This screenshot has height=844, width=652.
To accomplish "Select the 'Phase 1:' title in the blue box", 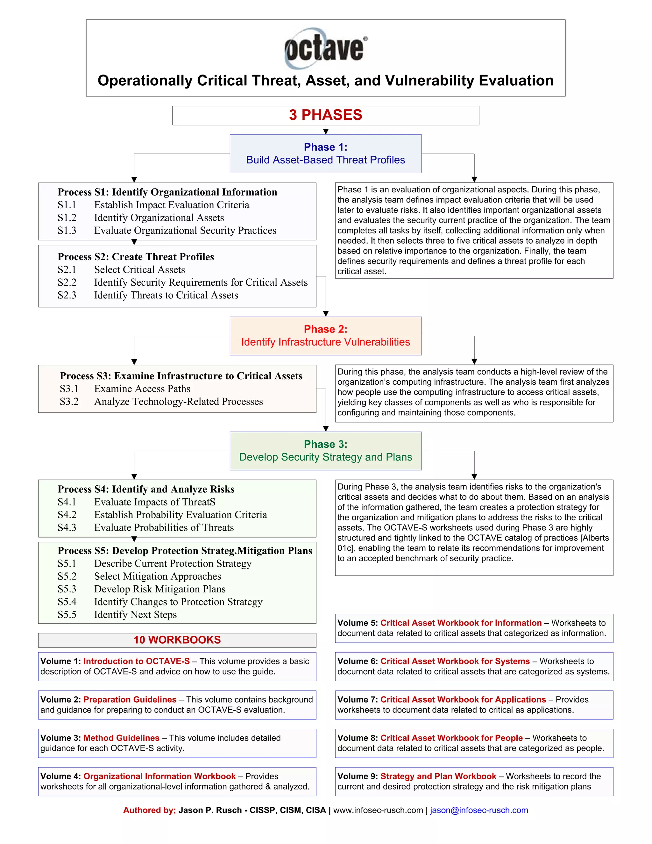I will [x=326, y=147].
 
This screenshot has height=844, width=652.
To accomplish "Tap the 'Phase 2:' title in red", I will [x=326, y=329].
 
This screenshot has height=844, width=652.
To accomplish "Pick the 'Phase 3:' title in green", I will [x=326, y=444].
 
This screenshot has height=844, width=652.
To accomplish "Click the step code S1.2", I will [x=67, y=218].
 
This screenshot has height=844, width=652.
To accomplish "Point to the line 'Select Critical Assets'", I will [x=139, y=270].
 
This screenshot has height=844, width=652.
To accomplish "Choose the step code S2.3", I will [x=67, y=295].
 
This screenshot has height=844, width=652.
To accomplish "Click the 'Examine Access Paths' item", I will [x=142, y=389].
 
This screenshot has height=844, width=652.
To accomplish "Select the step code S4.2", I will [x=67, y=515].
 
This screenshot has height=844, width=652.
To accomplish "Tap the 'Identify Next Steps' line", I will [x=135, y=614].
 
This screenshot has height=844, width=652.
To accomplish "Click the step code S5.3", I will [x=67, y=589].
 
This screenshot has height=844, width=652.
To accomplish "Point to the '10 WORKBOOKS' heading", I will [x=177, y=640].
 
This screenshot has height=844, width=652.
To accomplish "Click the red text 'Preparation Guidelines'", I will [x=130, y=699].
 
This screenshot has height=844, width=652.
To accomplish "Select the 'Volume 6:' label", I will [x=358, y=661].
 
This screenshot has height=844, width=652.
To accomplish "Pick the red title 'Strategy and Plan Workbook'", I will [x=438, y=776].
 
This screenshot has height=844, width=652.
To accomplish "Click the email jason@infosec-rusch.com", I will [x=479, y=810].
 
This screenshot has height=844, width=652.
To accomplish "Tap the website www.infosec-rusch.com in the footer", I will [x=378, y=810].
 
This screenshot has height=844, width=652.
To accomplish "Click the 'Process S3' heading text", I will [x=181, y=376].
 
